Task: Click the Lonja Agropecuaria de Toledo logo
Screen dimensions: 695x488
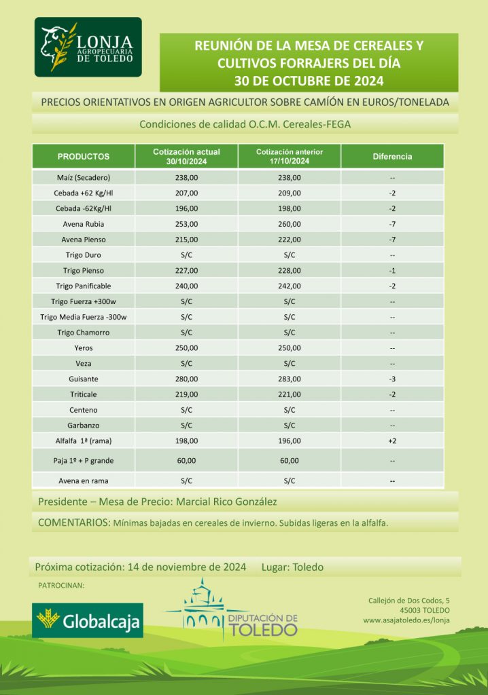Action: pos(88,48)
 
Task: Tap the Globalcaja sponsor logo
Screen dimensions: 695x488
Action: pos(88,620)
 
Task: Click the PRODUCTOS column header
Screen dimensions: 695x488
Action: pos(84,156)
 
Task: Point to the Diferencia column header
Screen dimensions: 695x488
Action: pos(392,156)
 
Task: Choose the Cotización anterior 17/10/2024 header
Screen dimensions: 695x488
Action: pos(290,156)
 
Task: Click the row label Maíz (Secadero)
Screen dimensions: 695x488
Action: pos(84,177)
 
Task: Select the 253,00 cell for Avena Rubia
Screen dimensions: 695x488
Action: pos(186,223)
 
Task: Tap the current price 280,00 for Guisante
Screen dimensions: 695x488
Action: pos(186,379)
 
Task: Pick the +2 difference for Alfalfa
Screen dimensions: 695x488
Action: pos(392,440)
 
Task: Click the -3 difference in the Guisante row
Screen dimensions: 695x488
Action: pos(392,379)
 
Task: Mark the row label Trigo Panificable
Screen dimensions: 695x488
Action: pos(84,286)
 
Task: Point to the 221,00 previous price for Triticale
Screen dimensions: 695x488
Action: pos(290,394)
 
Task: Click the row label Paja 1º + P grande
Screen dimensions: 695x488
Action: pos(84,460)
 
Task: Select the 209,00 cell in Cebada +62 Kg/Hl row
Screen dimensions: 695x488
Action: pos(290,193)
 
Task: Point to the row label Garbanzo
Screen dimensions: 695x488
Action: pos(84,425)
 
